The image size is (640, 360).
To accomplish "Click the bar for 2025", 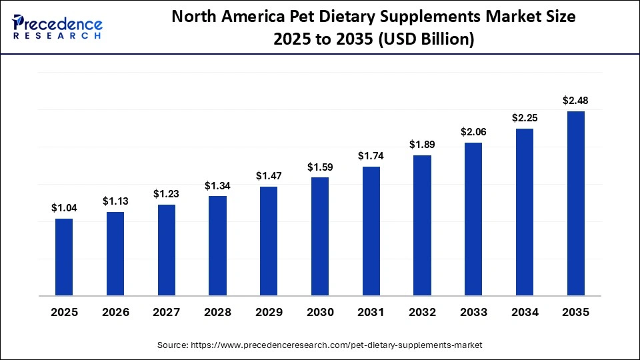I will (x=64, y=257).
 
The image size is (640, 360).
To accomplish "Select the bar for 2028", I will (x=217, y=245).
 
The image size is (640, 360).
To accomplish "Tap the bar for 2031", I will (x=371, y=231).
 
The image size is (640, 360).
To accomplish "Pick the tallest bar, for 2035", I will (x=575, y=203).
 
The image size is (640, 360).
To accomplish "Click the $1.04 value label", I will (x=64, y=208).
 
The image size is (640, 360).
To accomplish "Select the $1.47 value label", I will (x=269, y=176).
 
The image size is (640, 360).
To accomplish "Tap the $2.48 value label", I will (x=575, y=101).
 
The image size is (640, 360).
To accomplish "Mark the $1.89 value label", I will (x=422, y=145).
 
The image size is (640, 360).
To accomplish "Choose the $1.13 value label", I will (x=115, y=201).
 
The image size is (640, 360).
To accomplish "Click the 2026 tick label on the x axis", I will (x=115, y=313).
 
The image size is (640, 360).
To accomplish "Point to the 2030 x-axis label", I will (x=320, y=313).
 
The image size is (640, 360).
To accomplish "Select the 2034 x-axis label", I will (x=525, y=313).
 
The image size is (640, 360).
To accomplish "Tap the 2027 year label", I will (x=167, y=313).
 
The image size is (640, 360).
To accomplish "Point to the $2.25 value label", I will (x=525, y=118).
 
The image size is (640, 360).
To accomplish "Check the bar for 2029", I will (x=269, y=241).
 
